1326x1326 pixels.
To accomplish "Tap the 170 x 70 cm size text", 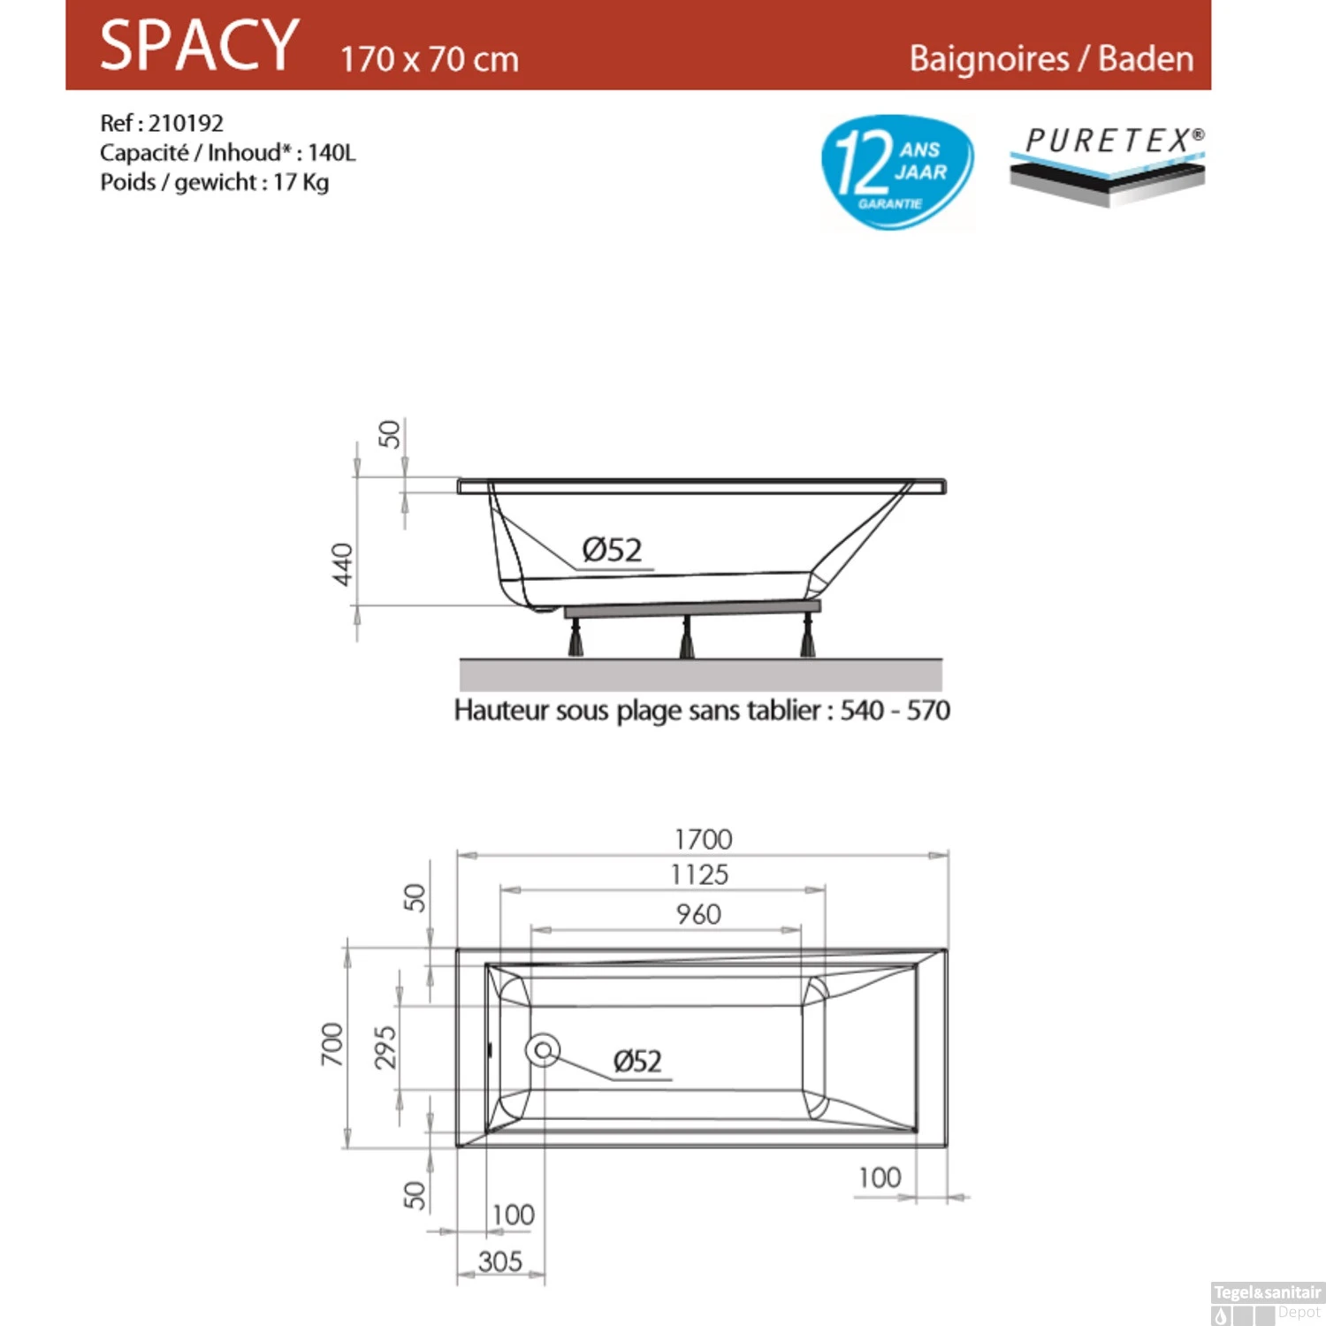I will [429, 59].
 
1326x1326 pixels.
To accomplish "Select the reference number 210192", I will [186, 123].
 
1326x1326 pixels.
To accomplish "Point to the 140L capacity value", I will [331, 153].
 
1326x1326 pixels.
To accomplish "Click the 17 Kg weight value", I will [301, 182].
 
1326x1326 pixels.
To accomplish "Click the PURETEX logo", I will [1109, 163].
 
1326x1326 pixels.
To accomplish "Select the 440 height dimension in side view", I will [342, 563].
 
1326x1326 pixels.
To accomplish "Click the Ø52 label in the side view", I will [612, 550].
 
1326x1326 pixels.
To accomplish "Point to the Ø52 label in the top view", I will [637, 1060].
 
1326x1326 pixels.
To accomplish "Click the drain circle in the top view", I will [543, 1050].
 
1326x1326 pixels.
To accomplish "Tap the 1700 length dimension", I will [703, 839].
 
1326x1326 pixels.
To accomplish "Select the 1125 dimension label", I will [699, 875].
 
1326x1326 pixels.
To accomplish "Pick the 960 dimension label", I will [698, 914].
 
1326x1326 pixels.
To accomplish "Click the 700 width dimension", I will [331, 1044].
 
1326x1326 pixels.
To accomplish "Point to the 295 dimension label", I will [385, 1048].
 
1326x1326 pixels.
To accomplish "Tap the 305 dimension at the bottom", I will [500, 1261].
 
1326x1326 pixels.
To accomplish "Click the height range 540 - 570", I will [895, 711].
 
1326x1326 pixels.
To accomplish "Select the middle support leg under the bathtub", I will [687, 636].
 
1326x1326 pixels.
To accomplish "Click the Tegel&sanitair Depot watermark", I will [1267, 1302].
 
